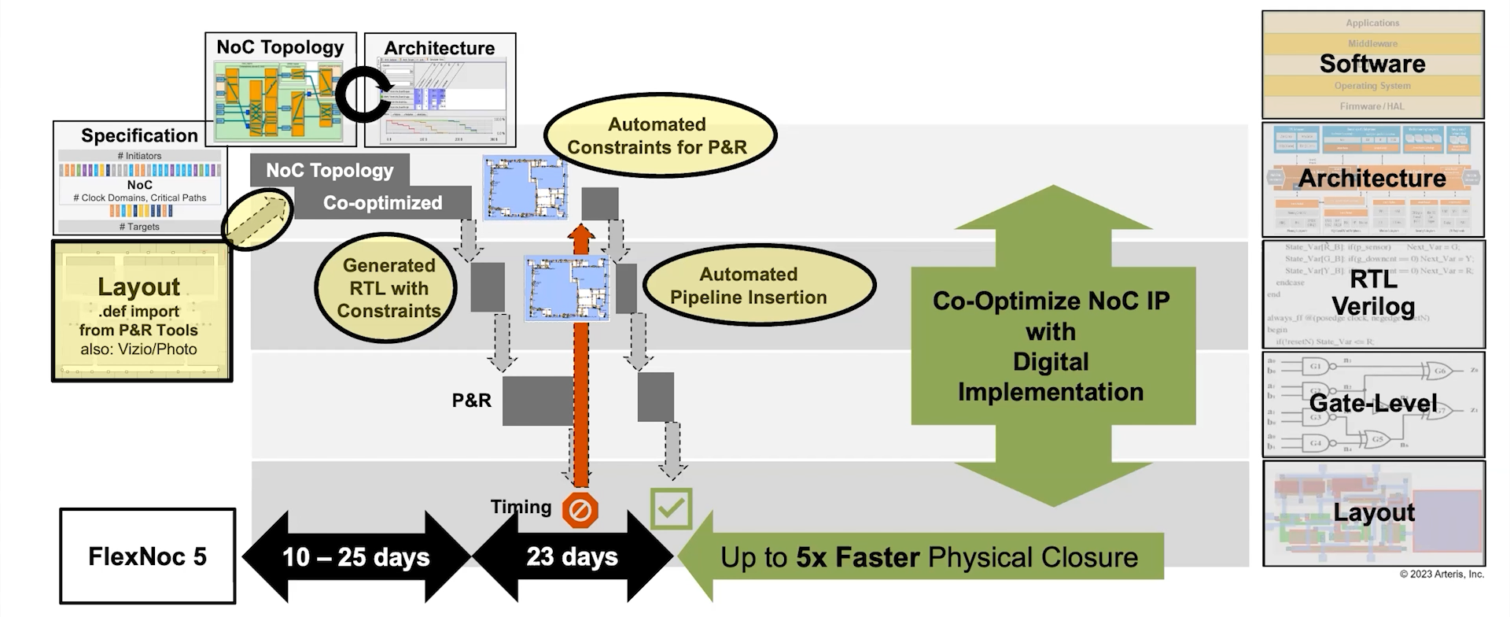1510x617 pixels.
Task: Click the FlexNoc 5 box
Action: (x=147, y=556)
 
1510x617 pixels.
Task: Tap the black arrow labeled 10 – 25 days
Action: (x=355, y=556)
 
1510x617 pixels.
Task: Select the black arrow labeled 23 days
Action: (x=572, y=556)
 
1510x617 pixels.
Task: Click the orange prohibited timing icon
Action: (x=580, y=511)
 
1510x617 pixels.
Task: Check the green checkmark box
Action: (x=671, y=508)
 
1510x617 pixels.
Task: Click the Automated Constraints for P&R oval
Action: (x=657, y=135)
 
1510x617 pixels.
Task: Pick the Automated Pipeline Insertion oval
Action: (x=748, y=286)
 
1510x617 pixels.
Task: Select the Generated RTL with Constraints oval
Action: (x=388, y=288)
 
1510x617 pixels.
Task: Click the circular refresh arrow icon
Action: (x=363, y=94)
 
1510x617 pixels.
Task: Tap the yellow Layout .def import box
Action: (x=141, y=312)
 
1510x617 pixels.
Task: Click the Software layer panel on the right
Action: (x=1372, y=65)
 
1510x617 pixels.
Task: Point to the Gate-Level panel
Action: (x=1372, y=405)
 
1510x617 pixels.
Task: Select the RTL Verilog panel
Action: (x=1372, y=294)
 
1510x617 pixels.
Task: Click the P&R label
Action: (x=471, y=401)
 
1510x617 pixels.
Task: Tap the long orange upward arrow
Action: (x=580, y=354)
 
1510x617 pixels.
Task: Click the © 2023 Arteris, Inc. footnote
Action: (x=1441, y=575)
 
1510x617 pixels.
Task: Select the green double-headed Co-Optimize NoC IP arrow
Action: (x=1052, y=346)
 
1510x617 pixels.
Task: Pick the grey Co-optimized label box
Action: (x=383, y=203)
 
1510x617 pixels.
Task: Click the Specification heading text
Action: (x=139, y=135)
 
